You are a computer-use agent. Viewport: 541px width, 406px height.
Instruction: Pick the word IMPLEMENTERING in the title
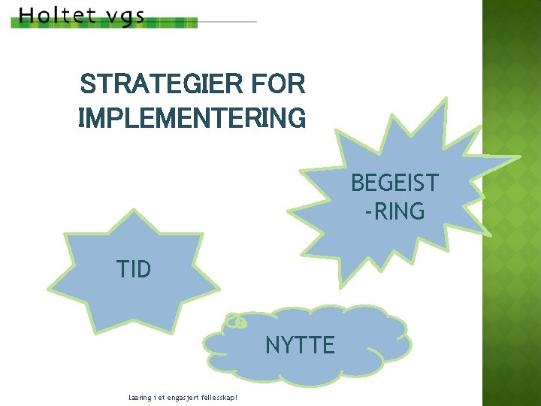(192, 118)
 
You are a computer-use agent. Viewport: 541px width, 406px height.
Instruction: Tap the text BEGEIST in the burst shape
(394, 183)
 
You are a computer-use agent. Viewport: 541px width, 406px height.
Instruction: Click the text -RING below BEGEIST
(394, 212)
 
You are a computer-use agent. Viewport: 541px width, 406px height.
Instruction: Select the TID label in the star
(134, 269)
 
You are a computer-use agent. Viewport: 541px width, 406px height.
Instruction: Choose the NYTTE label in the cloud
(300, 345)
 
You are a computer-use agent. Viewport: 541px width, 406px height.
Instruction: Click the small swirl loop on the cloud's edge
(236, 322)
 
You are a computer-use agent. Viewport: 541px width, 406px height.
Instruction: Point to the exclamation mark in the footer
(237, 396)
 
